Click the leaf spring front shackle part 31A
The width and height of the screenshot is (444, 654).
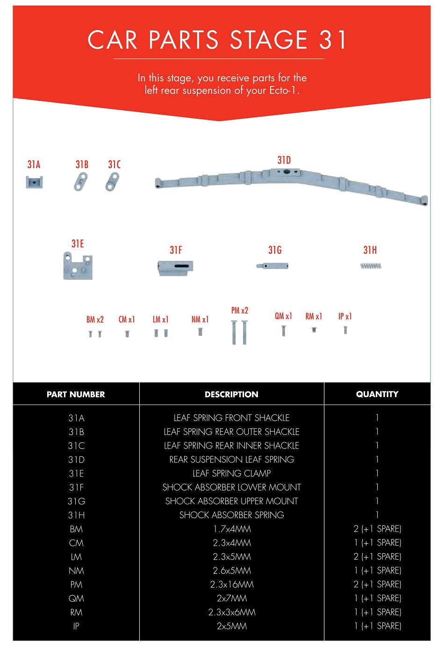coord(34,182)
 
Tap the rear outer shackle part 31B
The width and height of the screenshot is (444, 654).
coord(81,182)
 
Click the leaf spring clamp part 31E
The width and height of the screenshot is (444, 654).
coord(78,267)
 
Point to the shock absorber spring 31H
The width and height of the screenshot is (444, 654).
coord(371,266)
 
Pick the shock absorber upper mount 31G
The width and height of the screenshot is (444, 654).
coord(272,266)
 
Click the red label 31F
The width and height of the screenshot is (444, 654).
coord(176,250)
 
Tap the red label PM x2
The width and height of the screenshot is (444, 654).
coord(240,310)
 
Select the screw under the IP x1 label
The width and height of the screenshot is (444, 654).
coord(345,330)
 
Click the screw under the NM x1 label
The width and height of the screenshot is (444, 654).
coord(200,332)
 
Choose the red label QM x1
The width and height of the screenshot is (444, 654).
coord(283,316)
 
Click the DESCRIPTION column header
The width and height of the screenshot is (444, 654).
coord(231,394)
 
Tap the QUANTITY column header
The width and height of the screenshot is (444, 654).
coord(377,394)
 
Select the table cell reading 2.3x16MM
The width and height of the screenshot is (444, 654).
coord(231,584)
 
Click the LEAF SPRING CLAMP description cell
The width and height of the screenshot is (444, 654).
coord(231,473)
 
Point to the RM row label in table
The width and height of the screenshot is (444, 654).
coord(76,612)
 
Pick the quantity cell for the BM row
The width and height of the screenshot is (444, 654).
coord(377,529)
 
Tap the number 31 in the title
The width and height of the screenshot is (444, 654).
coord(333,40)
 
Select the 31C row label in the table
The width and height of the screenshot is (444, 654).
coord(76,446)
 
